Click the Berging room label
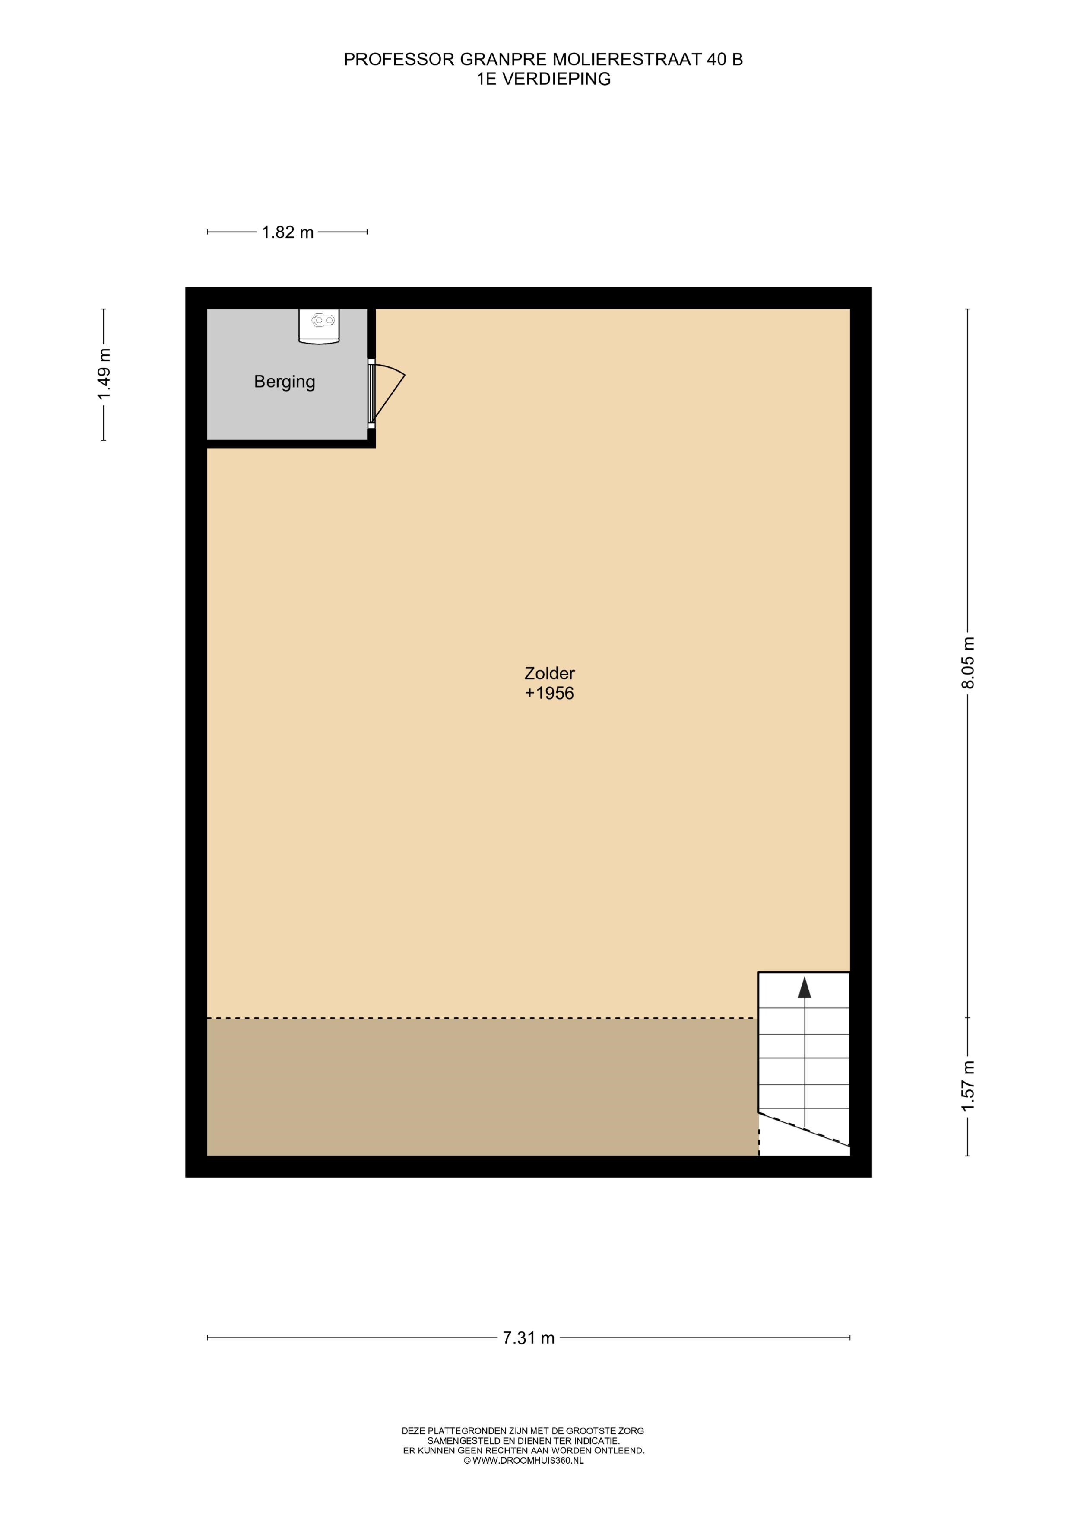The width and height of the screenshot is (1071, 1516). click(285, 382)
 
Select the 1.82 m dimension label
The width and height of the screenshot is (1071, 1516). click(288, 232)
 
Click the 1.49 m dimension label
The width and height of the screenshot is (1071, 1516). click(104, 374)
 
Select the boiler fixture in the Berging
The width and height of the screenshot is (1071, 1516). click(320, 326)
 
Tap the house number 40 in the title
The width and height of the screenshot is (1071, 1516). click(715, 60)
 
